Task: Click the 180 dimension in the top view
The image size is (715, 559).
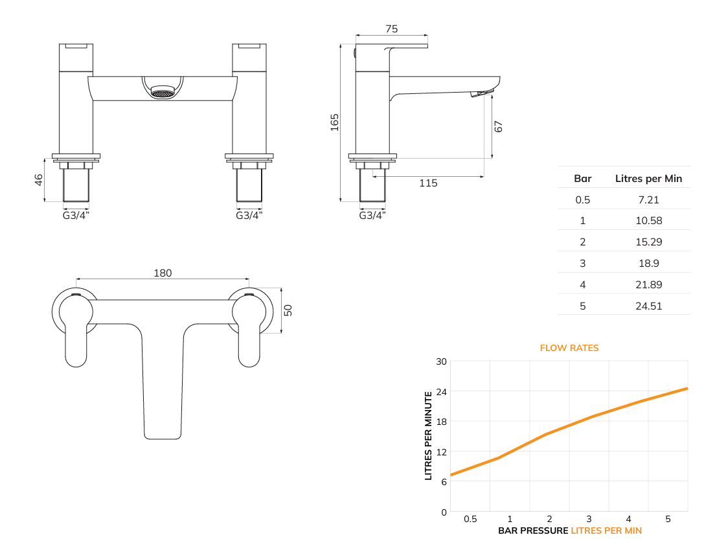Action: [163, 273]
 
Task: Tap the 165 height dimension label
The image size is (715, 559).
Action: [334, 122]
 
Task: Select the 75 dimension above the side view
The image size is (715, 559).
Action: [391, 29]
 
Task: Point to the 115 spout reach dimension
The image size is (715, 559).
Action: [428, 183]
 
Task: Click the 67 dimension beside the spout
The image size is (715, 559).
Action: [498, 126]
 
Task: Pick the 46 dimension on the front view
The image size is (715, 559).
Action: [40, 179]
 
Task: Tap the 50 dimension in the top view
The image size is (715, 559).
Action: [289, 310]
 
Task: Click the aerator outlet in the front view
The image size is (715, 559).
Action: [163, 93]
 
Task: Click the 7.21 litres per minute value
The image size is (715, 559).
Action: [648, 200]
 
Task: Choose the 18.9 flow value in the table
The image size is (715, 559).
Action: [648, 263]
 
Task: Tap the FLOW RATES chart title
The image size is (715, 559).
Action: [569, 348]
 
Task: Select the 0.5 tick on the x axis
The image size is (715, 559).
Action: [470, 519]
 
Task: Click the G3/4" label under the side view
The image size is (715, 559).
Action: [372, 215]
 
